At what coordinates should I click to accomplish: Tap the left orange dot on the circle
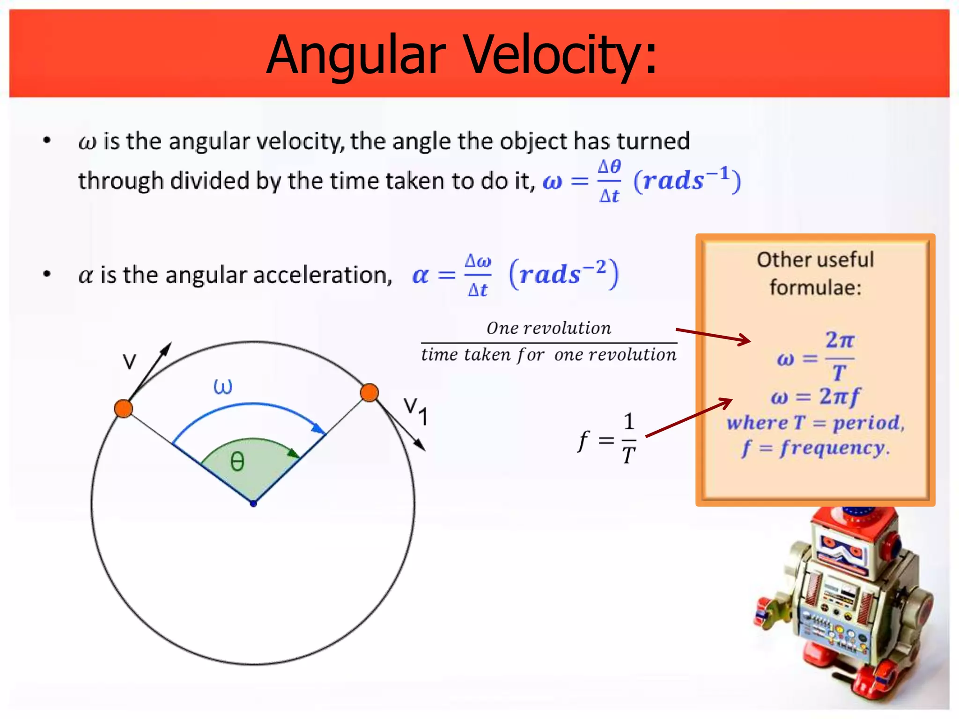tap(124, 409)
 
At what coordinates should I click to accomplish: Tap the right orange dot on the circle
tap(369, 393)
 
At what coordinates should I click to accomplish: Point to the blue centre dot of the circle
tap(253, 504)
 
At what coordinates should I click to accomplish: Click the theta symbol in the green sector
tap(237, 462)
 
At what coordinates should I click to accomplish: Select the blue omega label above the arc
tap(222, 387)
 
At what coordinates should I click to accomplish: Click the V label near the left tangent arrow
tap(129, 361)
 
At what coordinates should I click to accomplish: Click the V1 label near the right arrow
tap(416, 411)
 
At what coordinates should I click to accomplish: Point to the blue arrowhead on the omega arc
tap(318, 428)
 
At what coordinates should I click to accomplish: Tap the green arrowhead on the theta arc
tap(293, 453)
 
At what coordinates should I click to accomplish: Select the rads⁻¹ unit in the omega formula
tap(687, 180)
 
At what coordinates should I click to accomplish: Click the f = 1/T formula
tap(607, 439)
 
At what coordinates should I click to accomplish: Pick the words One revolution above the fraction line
tap(549, 328)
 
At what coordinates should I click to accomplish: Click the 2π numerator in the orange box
tap(840, 340)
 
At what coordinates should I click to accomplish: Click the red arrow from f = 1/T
tap(688, 418)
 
